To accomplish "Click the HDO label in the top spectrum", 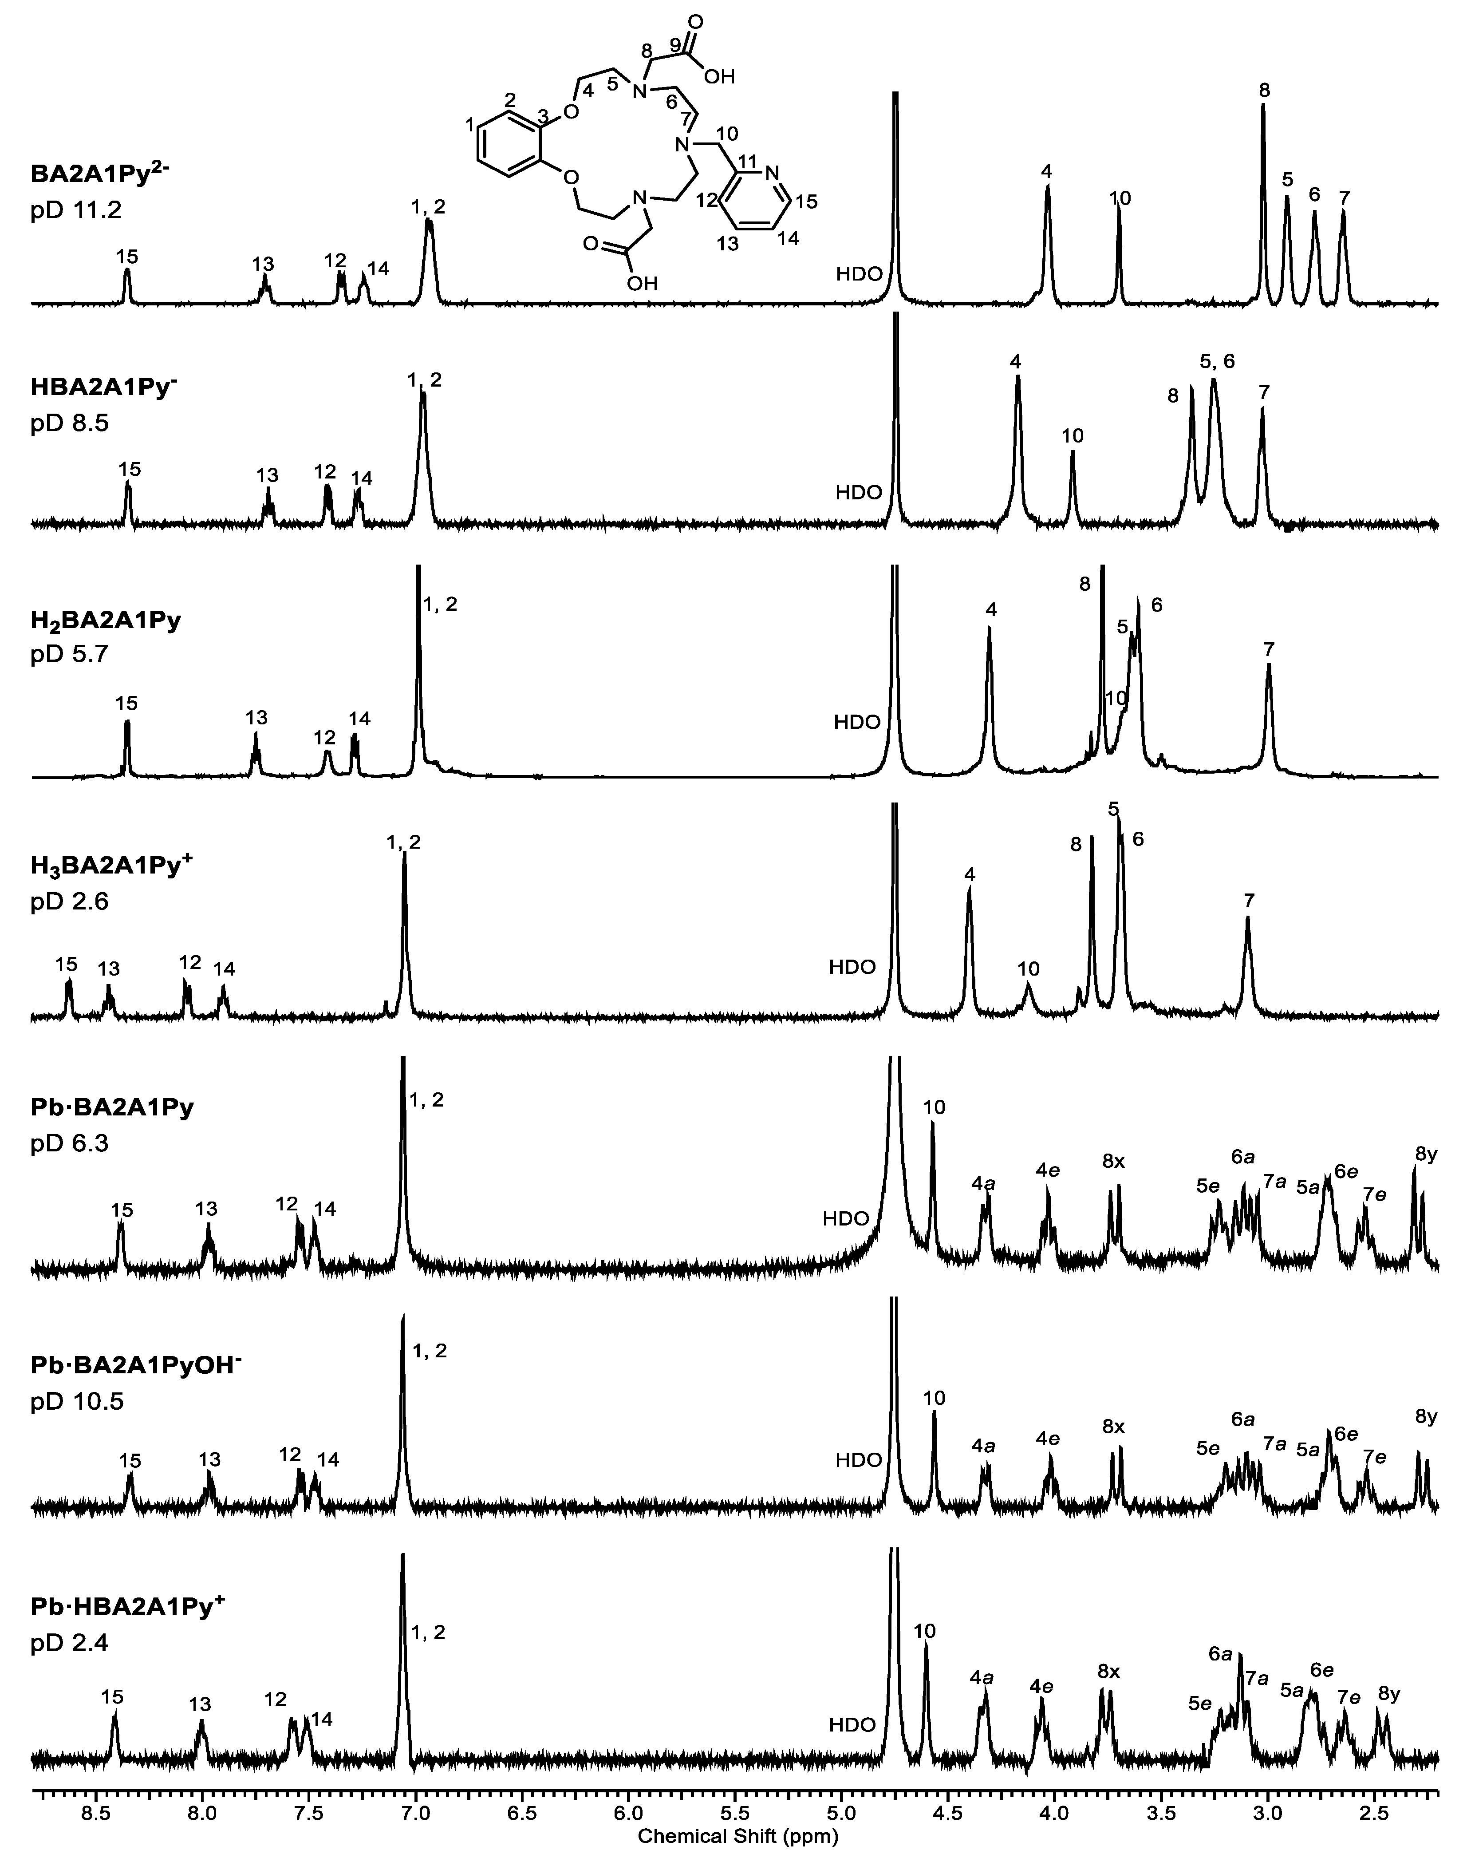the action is tap(860, 275).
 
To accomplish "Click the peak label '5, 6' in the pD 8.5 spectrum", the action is tap(1217, 361).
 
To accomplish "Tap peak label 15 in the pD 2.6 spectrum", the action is tap(66, 965).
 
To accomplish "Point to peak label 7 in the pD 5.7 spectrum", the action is tap(1270, 650).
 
